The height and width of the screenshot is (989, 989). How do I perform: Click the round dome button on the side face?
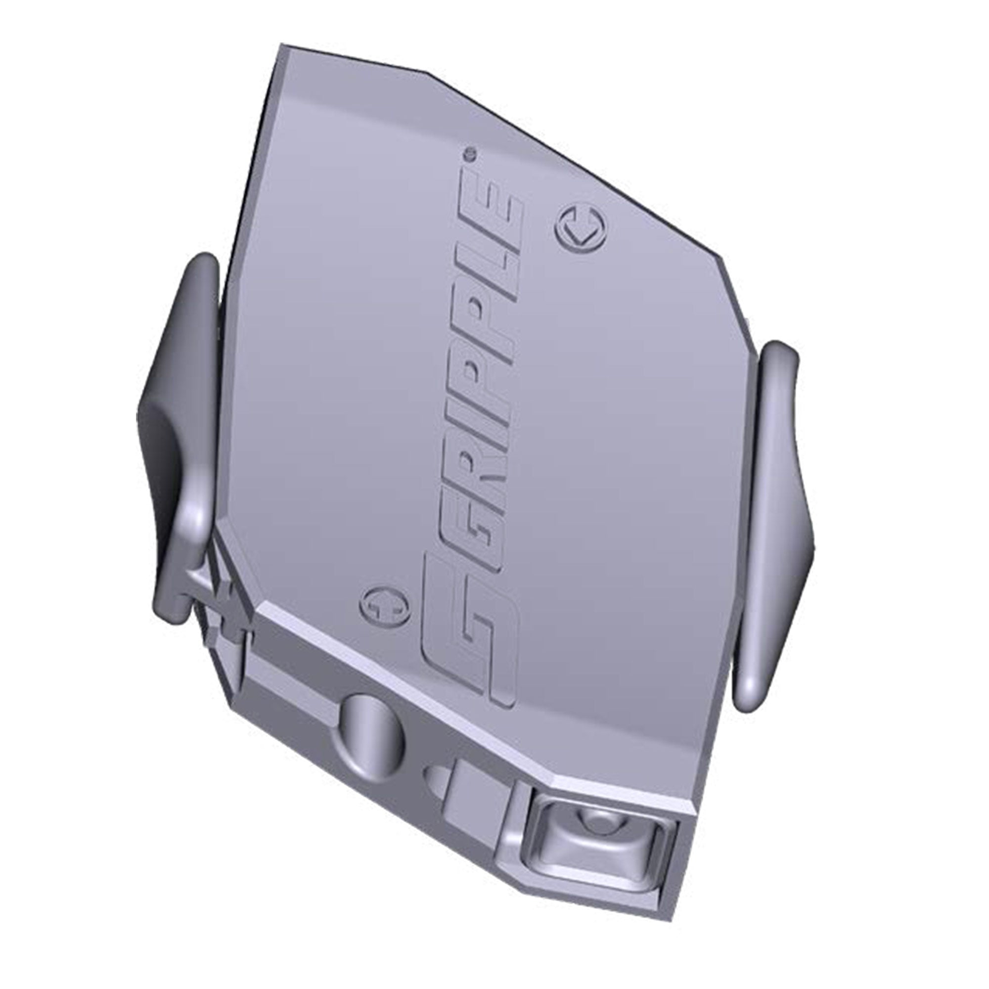372,725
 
